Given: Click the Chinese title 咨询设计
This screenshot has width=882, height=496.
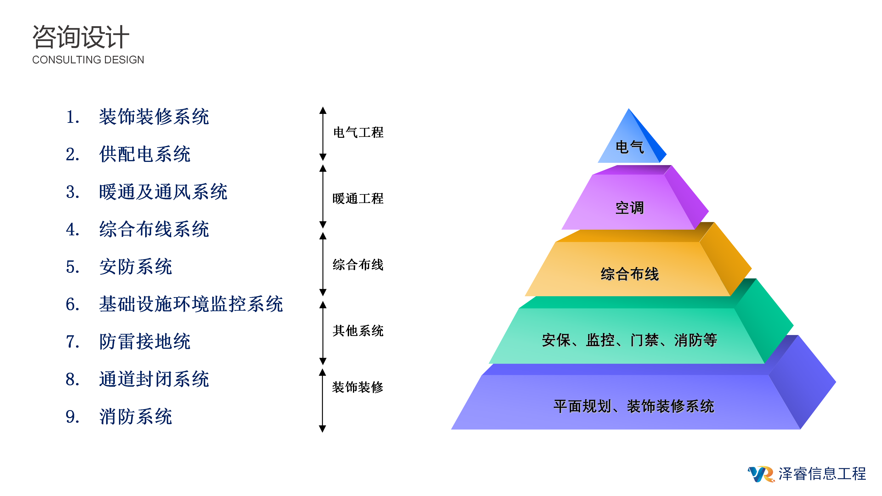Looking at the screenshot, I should pyautogui.click(x=81, y=37).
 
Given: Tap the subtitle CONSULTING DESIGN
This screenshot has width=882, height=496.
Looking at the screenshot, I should pyautogui.click(x=88, y=60).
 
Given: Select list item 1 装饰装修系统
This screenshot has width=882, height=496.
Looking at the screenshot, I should pyautogui.click(x=154, y=117).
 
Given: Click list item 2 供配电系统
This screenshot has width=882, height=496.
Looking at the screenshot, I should pyautogui.click(x=144, y=154).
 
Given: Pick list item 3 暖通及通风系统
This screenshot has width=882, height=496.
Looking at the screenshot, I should pyautogui.click(x=163, y=192).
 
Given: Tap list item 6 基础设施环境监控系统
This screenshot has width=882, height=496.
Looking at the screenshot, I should pyautogui.click(x=191, y=304).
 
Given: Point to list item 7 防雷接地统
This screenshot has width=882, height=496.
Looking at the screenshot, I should pyautogui.click(x=144, y=342).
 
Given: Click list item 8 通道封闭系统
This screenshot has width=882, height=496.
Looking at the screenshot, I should pyautogui.click(x=154, y=379).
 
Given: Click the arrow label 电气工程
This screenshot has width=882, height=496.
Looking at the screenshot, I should pyautogui.click(x=358, y=132).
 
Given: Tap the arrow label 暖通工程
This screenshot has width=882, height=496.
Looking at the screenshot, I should pyautogui.click(x=358, y=199).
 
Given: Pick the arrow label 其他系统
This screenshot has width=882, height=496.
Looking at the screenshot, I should pyautogui.click(x=358, y=331).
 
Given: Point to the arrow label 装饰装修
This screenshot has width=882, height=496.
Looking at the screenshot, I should pyautogui.click(x=358, y=387).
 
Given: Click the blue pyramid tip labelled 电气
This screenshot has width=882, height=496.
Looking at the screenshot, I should pyautogui.click(x=629, y=147).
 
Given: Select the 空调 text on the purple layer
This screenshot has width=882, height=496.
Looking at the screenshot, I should pyautogui.click(x=629, y=208).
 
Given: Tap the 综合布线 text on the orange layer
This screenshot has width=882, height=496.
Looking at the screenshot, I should pyautogui.click(x=629, y=274).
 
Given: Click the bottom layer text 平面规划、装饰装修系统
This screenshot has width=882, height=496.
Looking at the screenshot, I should pyautogui.click(x=633, y=406).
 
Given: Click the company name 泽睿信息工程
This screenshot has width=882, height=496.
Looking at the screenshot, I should pyautogui.click(x=822, y=474).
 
